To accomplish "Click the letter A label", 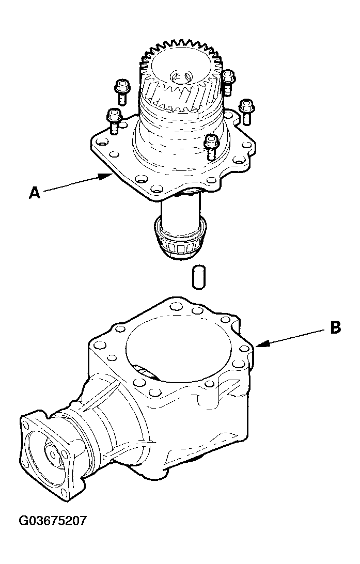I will tap(34, 193).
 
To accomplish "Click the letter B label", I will tap(335, 328).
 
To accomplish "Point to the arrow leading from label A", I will tap(77, 184).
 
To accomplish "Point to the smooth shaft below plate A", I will tap(179, 210).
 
